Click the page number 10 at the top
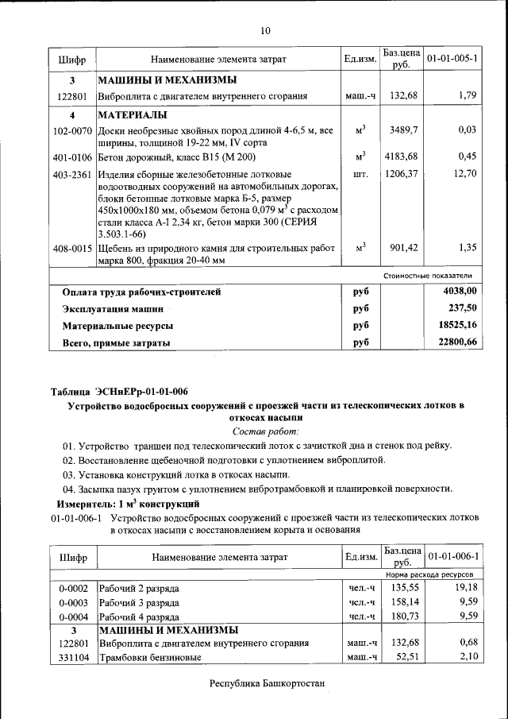pos(265,31)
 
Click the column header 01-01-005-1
pos(452,60)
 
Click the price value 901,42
pos(402,248)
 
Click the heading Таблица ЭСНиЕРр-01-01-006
pos(119,392)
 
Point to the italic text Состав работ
pos(265,431)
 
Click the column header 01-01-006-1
pos(452,555)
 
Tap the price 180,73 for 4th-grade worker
pos(402,616)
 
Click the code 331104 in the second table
pos(72,657)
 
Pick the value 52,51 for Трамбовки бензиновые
pos(405,657)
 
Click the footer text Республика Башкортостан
pos(267,684)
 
